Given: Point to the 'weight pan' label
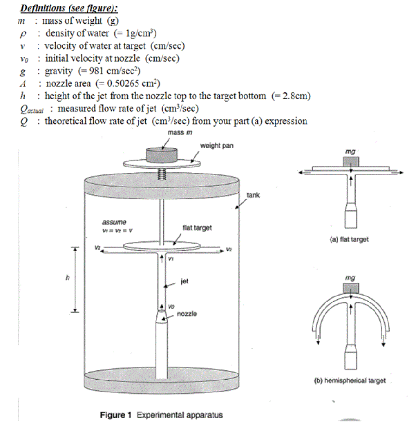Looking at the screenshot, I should coord(217,146).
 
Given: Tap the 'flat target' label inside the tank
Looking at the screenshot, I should coord(197,228).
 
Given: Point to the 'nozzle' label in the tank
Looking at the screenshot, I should coord(187,314).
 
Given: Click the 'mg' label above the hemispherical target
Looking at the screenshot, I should coord(350,278).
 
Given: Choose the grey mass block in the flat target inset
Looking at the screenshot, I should coord(350,162).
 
